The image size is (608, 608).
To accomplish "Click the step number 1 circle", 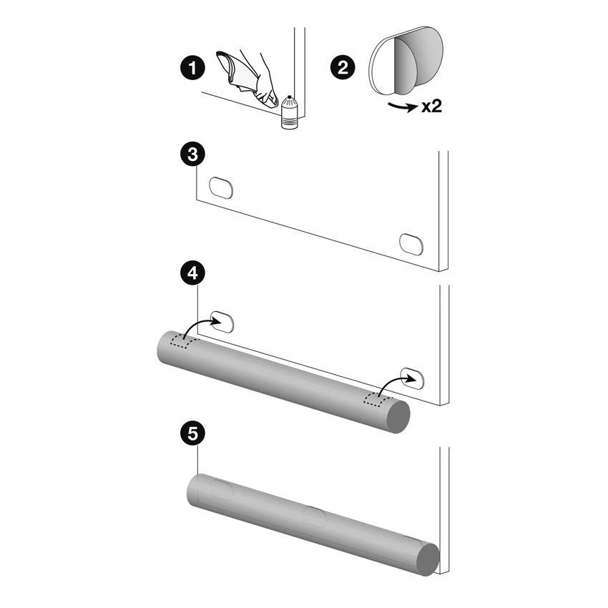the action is pos(192,68).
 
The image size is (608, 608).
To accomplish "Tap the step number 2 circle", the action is pos(343,68).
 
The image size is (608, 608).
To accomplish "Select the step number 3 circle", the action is pos(192,155).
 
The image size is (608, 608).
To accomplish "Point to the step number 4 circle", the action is pos(192,273).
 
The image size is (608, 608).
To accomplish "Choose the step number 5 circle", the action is pos(192,433).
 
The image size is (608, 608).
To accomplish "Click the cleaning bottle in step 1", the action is pos(289,112).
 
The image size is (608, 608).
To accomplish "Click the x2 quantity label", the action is pos(431,106).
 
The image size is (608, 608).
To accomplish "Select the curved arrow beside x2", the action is pos(403,107).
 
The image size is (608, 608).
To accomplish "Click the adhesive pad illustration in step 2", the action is pos(405,61).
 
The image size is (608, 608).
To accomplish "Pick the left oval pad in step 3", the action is pos(221,187).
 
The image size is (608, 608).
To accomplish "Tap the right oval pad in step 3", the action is pos(411,245).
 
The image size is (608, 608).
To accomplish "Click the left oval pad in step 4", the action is pos(222,322).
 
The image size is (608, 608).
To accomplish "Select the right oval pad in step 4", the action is pos(412,378).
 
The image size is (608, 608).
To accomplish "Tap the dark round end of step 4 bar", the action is pos(398,417).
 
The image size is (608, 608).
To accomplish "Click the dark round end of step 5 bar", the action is pos(428,559).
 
